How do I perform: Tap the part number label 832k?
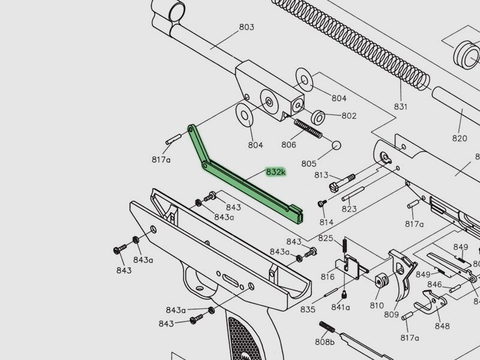276,172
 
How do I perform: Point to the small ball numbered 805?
336,145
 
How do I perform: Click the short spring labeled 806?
309,128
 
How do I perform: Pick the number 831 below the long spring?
400,107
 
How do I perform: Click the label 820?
460,138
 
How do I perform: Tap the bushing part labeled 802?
318,116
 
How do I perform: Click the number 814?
326,223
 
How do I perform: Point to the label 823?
349,209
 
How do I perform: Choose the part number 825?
326,239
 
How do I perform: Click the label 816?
328,277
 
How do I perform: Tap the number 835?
308,310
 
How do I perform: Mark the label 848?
442,326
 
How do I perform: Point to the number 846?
434,284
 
